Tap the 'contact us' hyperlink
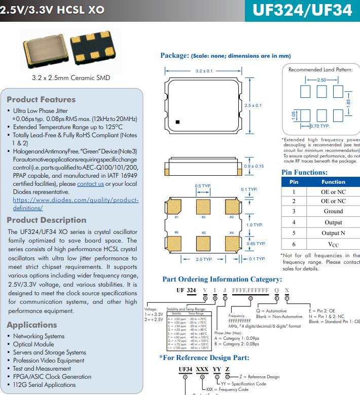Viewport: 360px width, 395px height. (x=90, y=184)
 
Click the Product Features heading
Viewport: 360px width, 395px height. (x=41, y=100)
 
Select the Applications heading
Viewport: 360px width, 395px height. (x=32, y=325)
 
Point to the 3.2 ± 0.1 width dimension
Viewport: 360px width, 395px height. (x=204, y=71)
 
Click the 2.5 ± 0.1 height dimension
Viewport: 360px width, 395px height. (x=253, y=105)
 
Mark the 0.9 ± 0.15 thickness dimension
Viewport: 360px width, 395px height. (x=254, y=166)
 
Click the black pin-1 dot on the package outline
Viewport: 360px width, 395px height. (x=177, y=122)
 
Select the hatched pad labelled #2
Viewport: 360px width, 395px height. (x=203, y=207)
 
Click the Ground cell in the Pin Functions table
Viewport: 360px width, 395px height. (x=333, y=211)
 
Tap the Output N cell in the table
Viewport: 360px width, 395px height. (x=333, y=233)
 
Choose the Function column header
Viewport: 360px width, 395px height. (x=333, y=182)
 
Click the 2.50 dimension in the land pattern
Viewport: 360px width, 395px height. (x=321, y=80)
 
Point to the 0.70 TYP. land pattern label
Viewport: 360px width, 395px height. (x=319, y=126)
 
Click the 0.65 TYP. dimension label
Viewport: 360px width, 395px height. (x=256, y=244)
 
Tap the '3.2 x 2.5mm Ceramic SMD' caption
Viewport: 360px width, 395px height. (x=70, y=78)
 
